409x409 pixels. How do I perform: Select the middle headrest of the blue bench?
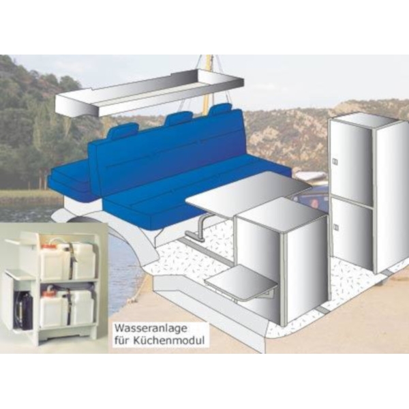[x=179, y=119]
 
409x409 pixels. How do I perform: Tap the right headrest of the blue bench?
[x=219, y=109]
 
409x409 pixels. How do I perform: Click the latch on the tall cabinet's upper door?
[x=334, y=162]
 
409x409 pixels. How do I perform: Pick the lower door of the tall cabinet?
[x=352, y=232]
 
